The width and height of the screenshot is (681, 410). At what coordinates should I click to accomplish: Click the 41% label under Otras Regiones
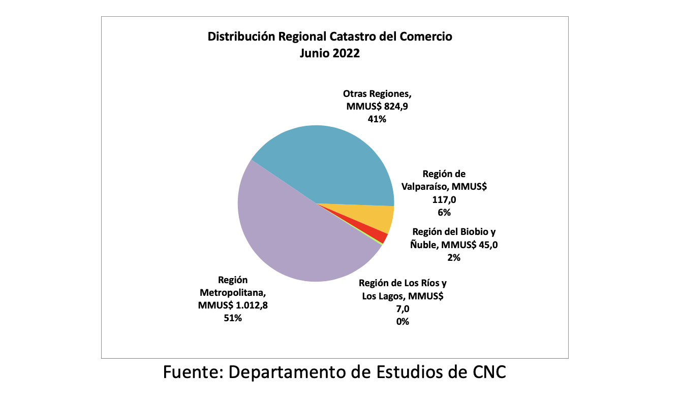point(377,119)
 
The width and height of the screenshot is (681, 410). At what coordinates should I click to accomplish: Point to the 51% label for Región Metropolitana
point(233,318)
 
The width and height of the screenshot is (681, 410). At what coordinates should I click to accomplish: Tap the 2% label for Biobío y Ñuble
point(453,257)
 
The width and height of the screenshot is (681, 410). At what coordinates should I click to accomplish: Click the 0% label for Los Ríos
point(402,321)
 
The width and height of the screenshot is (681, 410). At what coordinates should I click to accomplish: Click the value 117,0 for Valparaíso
point(444,200)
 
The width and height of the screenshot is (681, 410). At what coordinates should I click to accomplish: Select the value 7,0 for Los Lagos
point(402,308)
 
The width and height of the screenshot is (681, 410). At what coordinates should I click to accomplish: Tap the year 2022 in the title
point(346,53)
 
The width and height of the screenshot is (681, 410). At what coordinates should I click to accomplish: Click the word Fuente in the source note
point(193,372)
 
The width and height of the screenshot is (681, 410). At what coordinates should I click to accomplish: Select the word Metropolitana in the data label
point(233,293)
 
